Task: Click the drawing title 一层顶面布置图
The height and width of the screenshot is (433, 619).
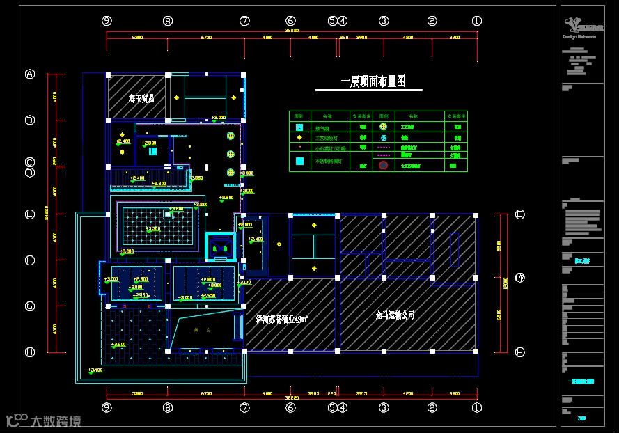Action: [x=373, y=82]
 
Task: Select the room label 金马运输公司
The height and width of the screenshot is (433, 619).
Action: [x=395, y=315]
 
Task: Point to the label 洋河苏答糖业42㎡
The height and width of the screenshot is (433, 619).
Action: [x=282, y=320]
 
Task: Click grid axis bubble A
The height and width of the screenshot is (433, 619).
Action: [x=30, y=74]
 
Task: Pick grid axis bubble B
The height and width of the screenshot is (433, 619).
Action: [x=30, y=120]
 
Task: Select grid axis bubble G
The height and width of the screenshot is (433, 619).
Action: [x=30, y=306]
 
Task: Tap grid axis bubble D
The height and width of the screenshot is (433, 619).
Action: [x=30, y=172]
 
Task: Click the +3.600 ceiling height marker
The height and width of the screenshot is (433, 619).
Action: [x=118, y=344]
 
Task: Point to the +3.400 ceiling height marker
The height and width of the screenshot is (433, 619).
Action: [x=95, y=370]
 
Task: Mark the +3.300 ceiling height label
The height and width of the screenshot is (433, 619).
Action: [x=152, y=228]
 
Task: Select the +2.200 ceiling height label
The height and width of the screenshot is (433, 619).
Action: [x=159, y=183]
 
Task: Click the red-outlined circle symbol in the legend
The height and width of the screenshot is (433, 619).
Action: [x=383, y=165]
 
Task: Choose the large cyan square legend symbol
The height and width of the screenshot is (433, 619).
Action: [x=299, y=162]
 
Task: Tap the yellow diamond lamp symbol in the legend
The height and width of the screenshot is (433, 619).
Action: [x=299, y=138]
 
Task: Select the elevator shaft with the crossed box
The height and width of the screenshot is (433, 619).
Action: [x=220, y=246]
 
